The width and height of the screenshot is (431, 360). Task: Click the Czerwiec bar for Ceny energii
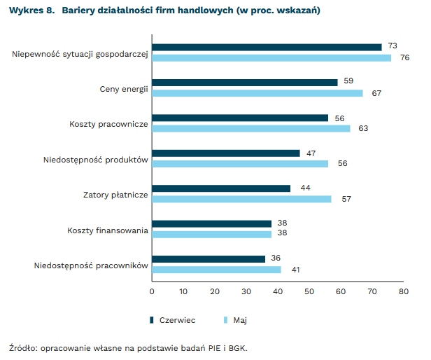245,83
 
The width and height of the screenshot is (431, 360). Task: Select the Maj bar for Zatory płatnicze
241,199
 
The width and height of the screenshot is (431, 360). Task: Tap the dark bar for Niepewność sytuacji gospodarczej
267,47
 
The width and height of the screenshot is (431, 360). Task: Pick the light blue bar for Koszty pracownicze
251,128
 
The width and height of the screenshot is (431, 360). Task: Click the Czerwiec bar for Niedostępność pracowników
209,259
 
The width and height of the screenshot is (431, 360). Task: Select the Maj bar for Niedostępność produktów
240,164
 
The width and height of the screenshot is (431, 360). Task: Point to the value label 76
404,57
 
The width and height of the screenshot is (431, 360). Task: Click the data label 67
376,93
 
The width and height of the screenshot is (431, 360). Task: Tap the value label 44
304,188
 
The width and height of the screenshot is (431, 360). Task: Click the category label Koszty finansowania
108,230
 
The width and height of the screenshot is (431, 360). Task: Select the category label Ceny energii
124,88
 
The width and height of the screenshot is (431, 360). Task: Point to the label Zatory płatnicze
115,194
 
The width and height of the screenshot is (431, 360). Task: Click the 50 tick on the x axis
309,291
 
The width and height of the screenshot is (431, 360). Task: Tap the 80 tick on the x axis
403,291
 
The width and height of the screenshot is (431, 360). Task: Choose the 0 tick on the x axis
152,291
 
